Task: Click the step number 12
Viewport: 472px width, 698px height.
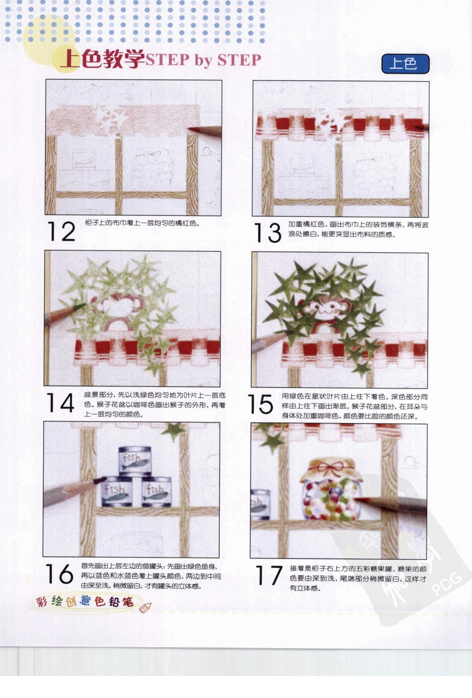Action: (62, 232)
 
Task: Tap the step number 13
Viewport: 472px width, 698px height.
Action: (267, 233)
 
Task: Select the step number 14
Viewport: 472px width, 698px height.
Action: (60, 403)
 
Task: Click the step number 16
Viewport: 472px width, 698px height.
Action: (59, 574)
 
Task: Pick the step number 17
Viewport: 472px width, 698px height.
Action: (268, 575)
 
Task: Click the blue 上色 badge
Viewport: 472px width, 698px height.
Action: (405, 64)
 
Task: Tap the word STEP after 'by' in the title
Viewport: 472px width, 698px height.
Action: (239, 61)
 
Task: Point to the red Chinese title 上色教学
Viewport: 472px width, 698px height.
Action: (102, 60)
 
